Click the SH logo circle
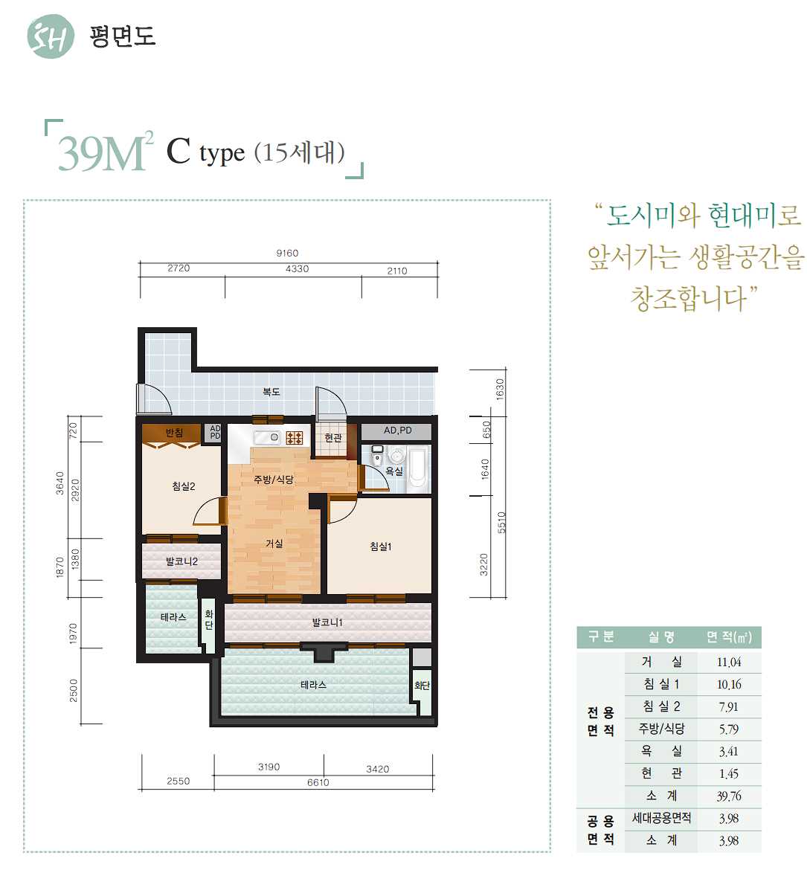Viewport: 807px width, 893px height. (51, 36)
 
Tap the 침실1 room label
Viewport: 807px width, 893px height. (381, 547)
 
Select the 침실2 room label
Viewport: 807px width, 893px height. (184, 486)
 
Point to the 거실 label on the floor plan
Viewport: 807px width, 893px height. (274, 543)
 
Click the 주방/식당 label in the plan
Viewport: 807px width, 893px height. (274, 480)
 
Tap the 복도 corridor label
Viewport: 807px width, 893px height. (271, 392)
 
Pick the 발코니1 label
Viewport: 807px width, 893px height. (327, 622)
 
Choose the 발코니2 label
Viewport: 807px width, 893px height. (181, 561)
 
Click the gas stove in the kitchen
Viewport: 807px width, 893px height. (295, 437)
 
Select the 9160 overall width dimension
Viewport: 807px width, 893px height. (287, 253)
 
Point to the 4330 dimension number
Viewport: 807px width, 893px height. (297, 268)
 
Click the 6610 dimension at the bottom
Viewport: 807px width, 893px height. (318, 782)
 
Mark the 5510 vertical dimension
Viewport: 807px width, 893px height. (501, 523)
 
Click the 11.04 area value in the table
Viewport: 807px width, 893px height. (729, 663)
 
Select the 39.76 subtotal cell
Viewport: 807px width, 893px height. (729, 796)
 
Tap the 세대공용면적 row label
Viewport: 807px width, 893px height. (661, 818)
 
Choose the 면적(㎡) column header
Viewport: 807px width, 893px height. (729, 637)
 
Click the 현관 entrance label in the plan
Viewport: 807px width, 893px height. (333, 438)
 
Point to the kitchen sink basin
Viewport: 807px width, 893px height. (268, 438)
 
